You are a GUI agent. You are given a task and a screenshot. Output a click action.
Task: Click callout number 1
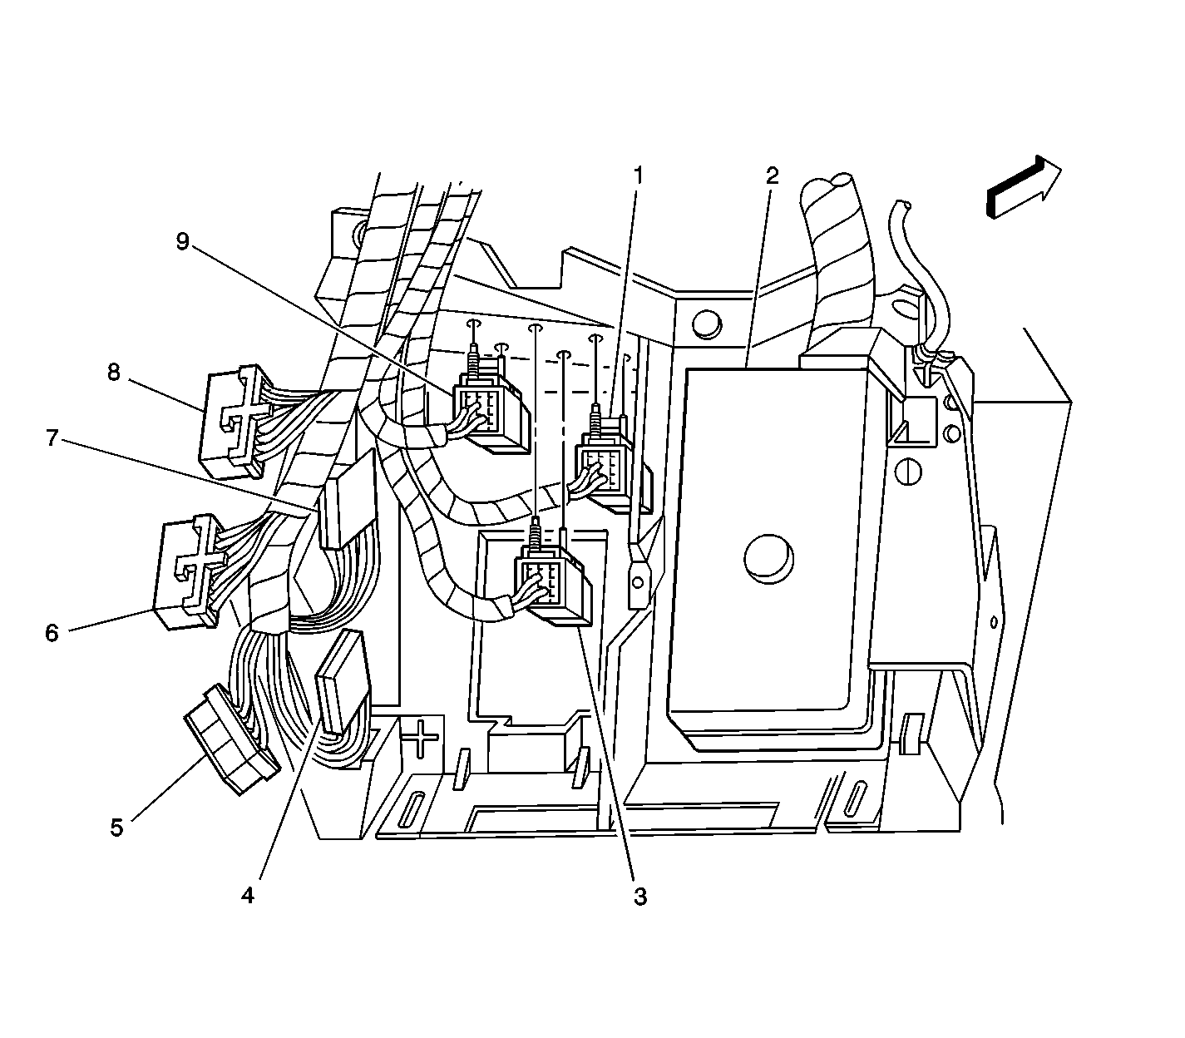pos(639,176)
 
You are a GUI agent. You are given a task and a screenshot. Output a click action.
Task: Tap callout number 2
pos(772,176)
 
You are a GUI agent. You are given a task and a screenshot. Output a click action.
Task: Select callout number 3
pos(639,897)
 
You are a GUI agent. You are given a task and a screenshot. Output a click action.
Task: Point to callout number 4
pos(248,896)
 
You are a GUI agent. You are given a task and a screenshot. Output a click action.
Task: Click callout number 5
pos(117,828)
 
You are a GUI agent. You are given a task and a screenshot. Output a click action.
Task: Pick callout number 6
pos(52,633)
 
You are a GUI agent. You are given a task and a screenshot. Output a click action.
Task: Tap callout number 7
pos(52,438)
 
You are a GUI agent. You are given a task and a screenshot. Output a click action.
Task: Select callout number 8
pos(114,373)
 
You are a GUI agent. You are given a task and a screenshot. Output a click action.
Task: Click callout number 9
pos(182,241)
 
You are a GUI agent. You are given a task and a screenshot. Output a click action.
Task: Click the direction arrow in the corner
pos(1024,187)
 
